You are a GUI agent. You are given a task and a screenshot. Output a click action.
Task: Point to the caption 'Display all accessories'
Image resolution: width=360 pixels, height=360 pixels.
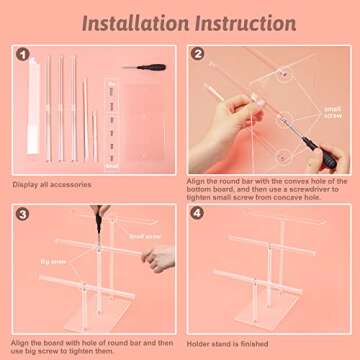[x=53, y=184]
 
